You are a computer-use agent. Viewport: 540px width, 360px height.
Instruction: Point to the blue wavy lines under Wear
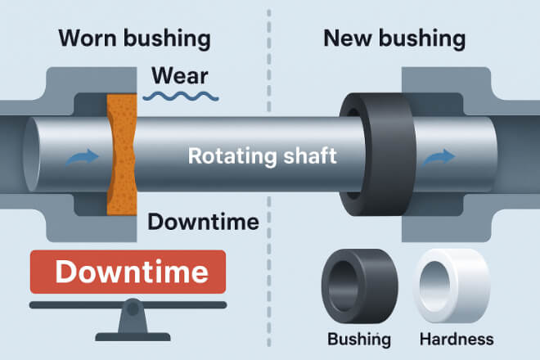pyautogui.click(x=180, y=97)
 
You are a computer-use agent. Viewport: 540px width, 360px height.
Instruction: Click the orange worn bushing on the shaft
pyautogui.click(x=121, y=155)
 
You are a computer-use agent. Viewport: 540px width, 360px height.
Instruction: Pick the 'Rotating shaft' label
pyautogui.click(x=262, y=155)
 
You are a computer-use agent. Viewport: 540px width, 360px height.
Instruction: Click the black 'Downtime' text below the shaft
pyautogui.click(x=204, y=222)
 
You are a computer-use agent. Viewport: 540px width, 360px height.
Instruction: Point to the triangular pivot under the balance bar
pyautogui.click(x=132, y=322)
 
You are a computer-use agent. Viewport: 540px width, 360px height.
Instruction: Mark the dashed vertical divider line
pyautogui.click(x=270, y=245)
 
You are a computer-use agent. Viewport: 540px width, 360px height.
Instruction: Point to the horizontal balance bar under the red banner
pyautogui.click(x=131, y=305)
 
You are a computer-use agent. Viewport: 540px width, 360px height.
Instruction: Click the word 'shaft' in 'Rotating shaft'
pyautogui.click(x=308, y=155)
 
